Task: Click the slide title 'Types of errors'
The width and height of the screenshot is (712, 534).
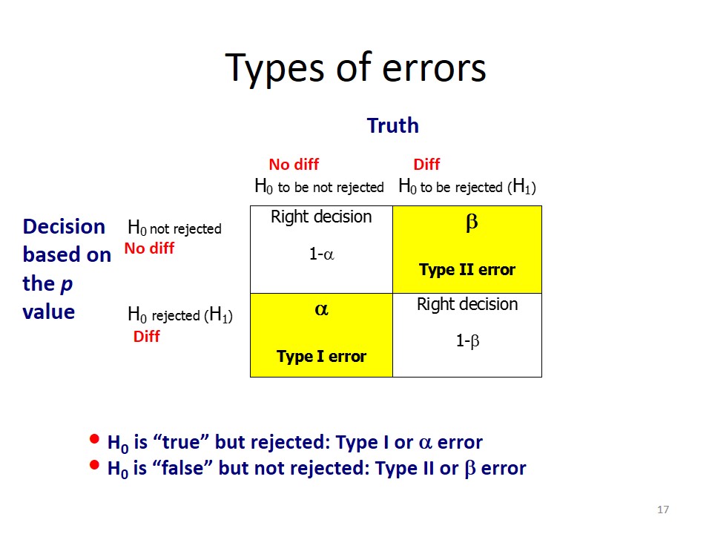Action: [x=355, y=67]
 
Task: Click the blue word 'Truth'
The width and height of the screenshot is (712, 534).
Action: [x=392, y=126]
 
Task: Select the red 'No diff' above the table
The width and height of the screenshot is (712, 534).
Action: [x=294, y=165]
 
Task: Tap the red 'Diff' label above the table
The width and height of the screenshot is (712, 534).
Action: [x=426, y=165]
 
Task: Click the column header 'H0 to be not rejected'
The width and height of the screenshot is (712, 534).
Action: [x=319, y=187]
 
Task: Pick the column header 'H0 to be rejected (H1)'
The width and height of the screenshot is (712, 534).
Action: [x=467, y=187]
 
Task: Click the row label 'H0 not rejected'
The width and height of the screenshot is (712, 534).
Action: [x=175, y=228]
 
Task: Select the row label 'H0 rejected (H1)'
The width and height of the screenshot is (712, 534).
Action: [x=180, y=315]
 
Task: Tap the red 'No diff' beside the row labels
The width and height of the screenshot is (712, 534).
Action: [x=149, y=248]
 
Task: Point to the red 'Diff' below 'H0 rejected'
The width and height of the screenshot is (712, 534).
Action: [x=146, y=337]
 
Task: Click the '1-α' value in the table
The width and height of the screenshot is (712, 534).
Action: [x=321, y=254]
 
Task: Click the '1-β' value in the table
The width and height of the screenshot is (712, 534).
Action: [x=467, y=342]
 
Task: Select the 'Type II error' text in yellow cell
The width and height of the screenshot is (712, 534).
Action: [x=467, y=270]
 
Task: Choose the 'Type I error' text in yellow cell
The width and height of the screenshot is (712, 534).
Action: [x=321, y=357]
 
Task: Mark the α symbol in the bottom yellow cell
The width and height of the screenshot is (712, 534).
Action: [x=322, y=311]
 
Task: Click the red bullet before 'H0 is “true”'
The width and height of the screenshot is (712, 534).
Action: [x=93, y=439]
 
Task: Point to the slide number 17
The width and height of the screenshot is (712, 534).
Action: [x=663, y=510]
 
